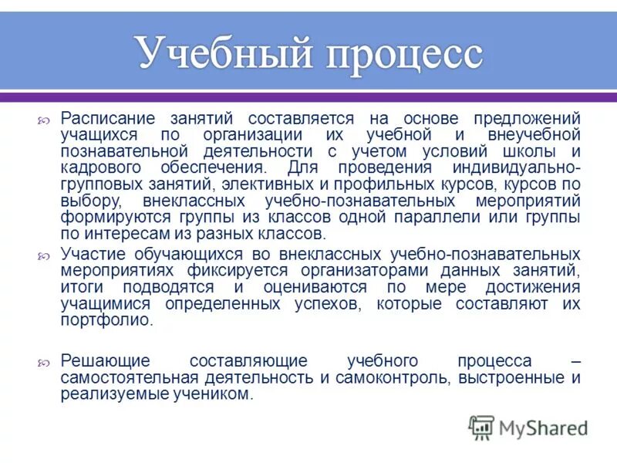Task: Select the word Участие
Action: (89, 253)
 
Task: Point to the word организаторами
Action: (362, 270)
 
